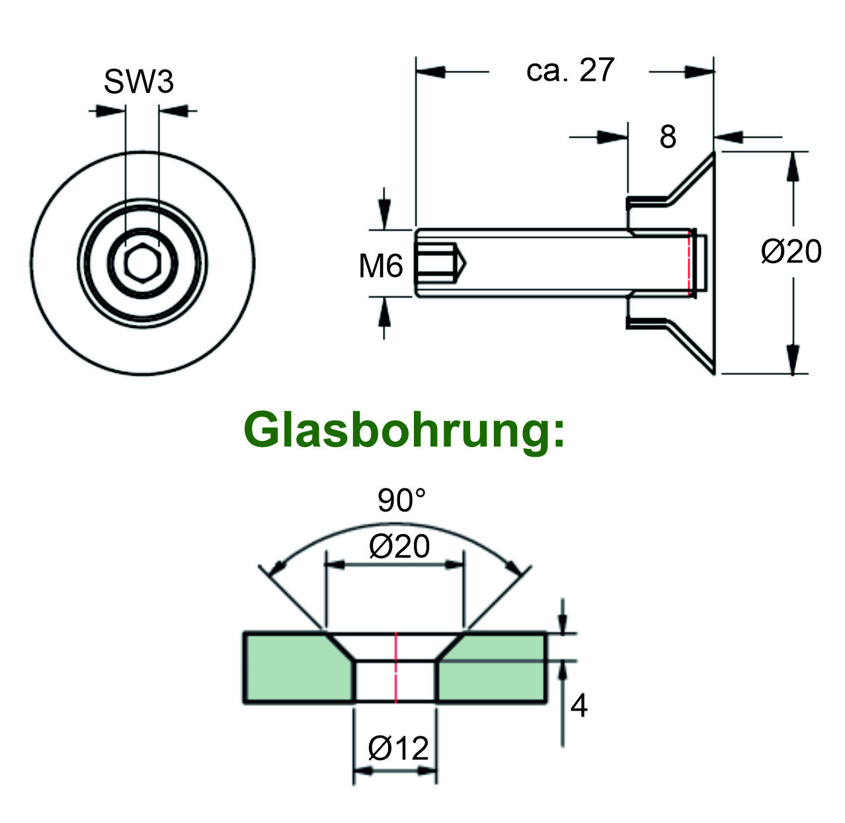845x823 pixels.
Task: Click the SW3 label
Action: point(138,82)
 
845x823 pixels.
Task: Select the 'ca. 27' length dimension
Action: point(570,70)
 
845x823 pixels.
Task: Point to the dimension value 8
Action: point(668,137)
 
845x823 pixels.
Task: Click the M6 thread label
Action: point(380,266)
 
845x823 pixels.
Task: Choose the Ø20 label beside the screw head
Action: point(791,252)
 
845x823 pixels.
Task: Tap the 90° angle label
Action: point(401,501)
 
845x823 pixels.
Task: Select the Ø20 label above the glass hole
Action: point(399,547)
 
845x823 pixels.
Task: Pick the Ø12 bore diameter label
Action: point(399,748)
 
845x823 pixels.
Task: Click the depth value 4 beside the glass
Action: point(579,706)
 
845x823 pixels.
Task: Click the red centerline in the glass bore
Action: point(395,666)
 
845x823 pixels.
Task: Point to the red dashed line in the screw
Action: point(690,263)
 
